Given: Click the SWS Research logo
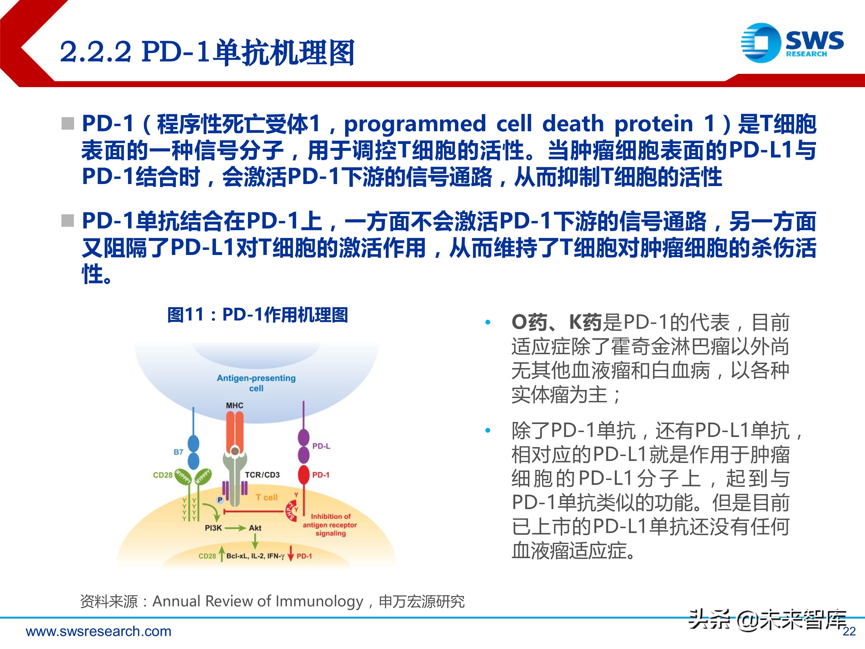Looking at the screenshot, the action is point(791,43).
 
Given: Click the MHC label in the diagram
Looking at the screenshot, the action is point(235,406).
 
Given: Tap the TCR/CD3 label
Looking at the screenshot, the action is point(262,475).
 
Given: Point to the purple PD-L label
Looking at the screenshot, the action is point(321,446).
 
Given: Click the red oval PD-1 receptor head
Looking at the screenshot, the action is point(304,475).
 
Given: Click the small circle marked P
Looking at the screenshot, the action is point(220,500).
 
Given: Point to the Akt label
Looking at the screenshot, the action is point(255,528).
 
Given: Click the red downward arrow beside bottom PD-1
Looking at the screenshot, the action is point(291,554).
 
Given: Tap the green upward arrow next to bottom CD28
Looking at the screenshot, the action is point(222,554).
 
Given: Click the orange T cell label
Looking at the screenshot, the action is point(267,497).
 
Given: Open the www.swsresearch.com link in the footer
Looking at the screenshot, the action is point(99,631).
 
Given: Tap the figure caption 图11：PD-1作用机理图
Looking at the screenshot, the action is point(258,314).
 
